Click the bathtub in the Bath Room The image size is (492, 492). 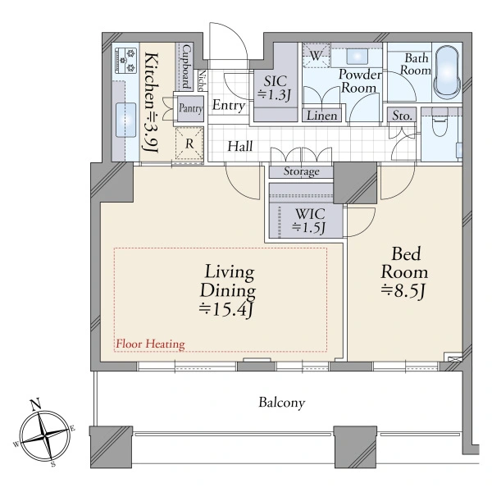pyautogui.click(x=447, y=73)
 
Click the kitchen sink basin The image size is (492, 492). pyautogui.click(x=125, y=120)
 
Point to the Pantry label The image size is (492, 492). pyautogui.click(x=191, y=108)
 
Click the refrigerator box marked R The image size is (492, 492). pyautogui.click(x=189, y=144)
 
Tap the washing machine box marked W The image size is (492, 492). pyautogui.click(x=316, y=56)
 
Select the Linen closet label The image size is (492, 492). pyautogui.click(x=322, y=116)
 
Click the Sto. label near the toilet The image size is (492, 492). pyautogui.click(x=402, y=116)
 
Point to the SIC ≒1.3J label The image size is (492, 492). pyautogui.click(x=274, y=89)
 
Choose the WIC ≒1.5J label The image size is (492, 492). pyautogui.click(x=309, y=221)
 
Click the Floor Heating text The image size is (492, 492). pyautogui.click(x=151, y=344)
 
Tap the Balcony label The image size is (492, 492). pyautogui.click(x=282, y=403)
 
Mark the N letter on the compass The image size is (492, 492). pyautogui.click(x=36, y=404)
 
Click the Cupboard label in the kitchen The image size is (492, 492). pyautogui.click(x=187, y=67)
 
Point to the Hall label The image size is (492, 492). pyautogui.click(x=240, y=147)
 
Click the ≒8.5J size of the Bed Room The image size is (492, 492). pyautogui.click(x=403, y=291)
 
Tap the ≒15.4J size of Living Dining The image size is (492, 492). pyautogui.click(x=226, y=310)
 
